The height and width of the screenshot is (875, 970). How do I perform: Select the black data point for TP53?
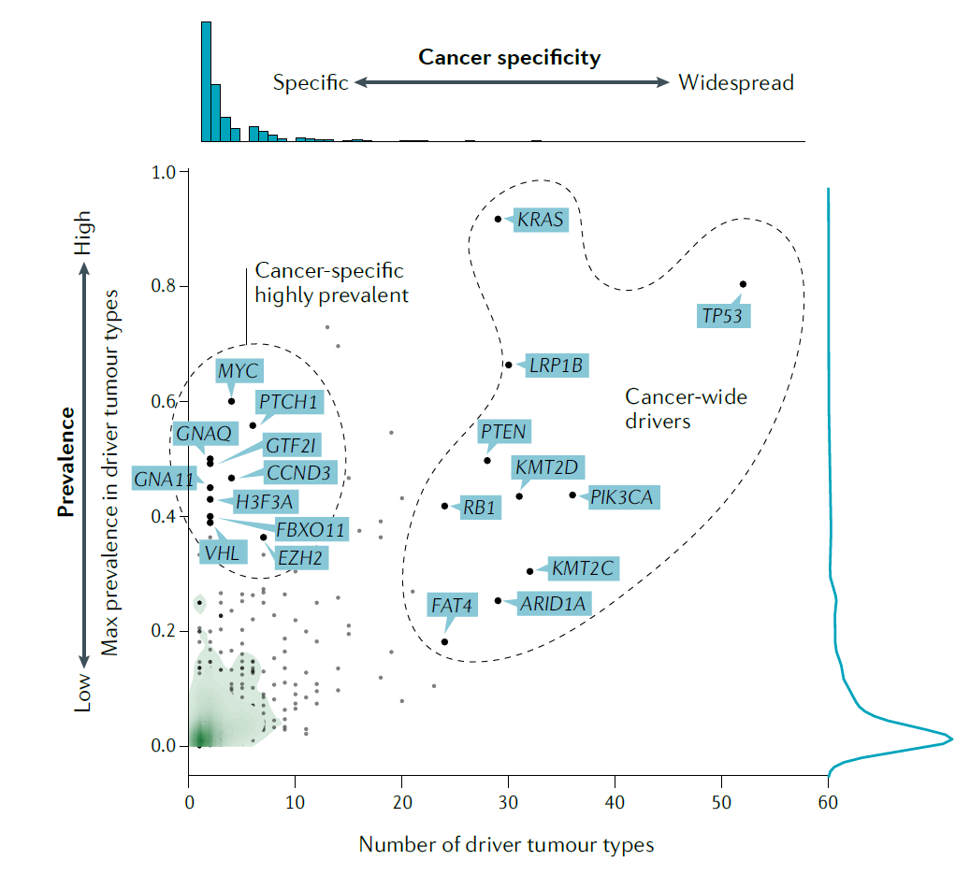coord(743,284)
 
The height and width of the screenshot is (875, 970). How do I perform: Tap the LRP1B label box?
coord(557,366)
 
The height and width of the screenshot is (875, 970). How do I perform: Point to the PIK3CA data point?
coord(572,495)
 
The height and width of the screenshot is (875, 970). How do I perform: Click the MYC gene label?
coord(238,371)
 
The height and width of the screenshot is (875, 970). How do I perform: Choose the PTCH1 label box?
coord(289,404)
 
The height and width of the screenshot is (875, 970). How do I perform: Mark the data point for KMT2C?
coord(529,570)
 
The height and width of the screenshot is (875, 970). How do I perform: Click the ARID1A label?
coord(552,604)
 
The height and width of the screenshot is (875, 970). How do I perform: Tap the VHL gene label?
coord(223,552)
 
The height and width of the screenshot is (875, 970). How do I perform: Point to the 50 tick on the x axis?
coord(721,802)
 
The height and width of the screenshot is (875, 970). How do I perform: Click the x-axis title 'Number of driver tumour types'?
coord(506,845)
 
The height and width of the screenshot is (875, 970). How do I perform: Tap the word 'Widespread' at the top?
coord(736,83)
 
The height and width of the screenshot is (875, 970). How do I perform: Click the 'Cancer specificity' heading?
coord(510,58)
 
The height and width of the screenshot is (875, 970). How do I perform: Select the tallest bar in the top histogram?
coord(206,81)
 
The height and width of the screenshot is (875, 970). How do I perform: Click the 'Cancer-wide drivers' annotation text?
coord(686,409)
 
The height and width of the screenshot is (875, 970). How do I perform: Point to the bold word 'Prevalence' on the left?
coord(65,462)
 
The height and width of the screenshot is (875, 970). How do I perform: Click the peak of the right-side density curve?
coord(950,739)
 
